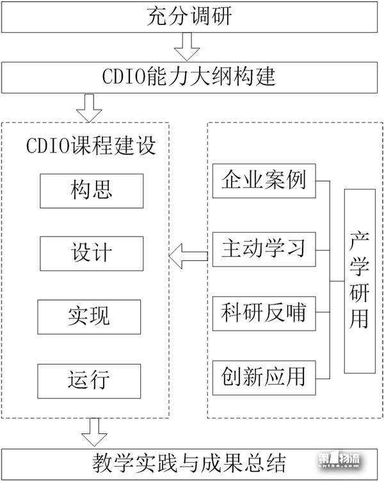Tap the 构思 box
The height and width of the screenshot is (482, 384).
tap(91, 190)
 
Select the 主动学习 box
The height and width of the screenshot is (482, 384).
tap(264, 247)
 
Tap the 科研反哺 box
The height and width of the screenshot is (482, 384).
tap(264, 313)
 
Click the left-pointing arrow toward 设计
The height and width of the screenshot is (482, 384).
tap(188, 257)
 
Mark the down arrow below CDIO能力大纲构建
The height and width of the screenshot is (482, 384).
tap(89, 108)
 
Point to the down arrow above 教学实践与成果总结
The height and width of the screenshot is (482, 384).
tap(94, 432)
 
